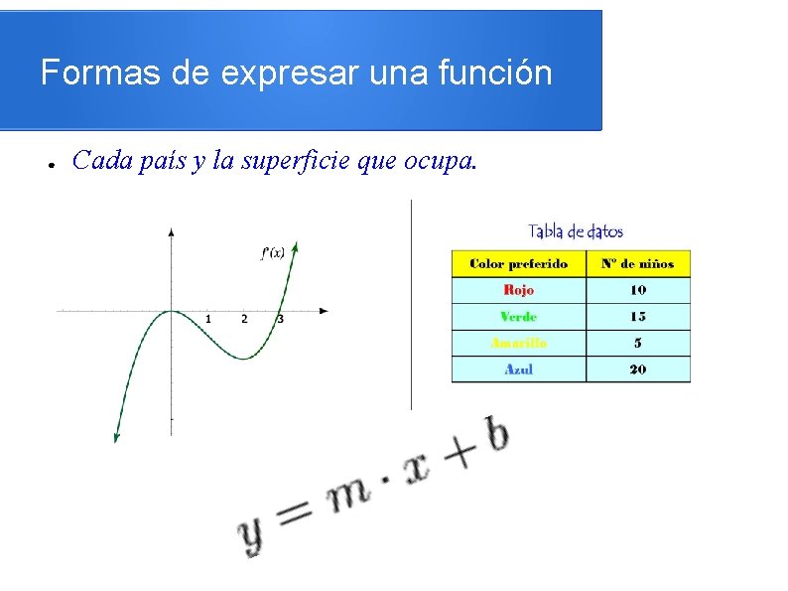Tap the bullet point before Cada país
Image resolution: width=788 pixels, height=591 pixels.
tap(48, 163)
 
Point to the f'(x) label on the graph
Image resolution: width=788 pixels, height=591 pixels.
tap(273, 252)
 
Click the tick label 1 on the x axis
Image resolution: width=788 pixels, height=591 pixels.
tap(207, 319)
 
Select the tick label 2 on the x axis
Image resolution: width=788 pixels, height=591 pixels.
tap(244, 319)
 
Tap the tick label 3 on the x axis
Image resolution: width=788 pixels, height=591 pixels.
tap(281, 319)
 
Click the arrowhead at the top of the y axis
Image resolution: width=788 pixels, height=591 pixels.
tap(172, 231)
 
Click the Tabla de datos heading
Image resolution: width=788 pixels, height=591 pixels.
tap(576, 231)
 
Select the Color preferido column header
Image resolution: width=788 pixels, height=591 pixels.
tap(518, 263)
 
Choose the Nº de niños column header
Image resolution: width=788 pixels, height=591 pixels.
tap(637, 263)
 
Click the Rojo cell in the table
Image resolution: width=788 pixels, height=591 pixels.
tap(518, 290)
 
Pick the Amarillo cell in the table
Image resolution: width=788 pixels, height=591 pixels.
tap(518, 343)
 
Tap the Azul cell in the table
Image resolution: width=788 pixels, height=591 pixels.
tap(518, 369)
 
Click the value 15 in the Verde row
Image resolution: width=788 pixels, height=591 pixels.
tap(637, 316)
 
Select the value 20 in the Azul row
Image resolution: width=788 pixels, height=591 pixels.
tap(637, 369)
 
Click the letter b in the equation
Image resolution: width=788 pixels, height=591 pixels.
tap(495, 434)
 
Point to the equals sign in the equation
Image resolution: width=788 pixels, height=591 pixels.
tap(295, 513)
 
